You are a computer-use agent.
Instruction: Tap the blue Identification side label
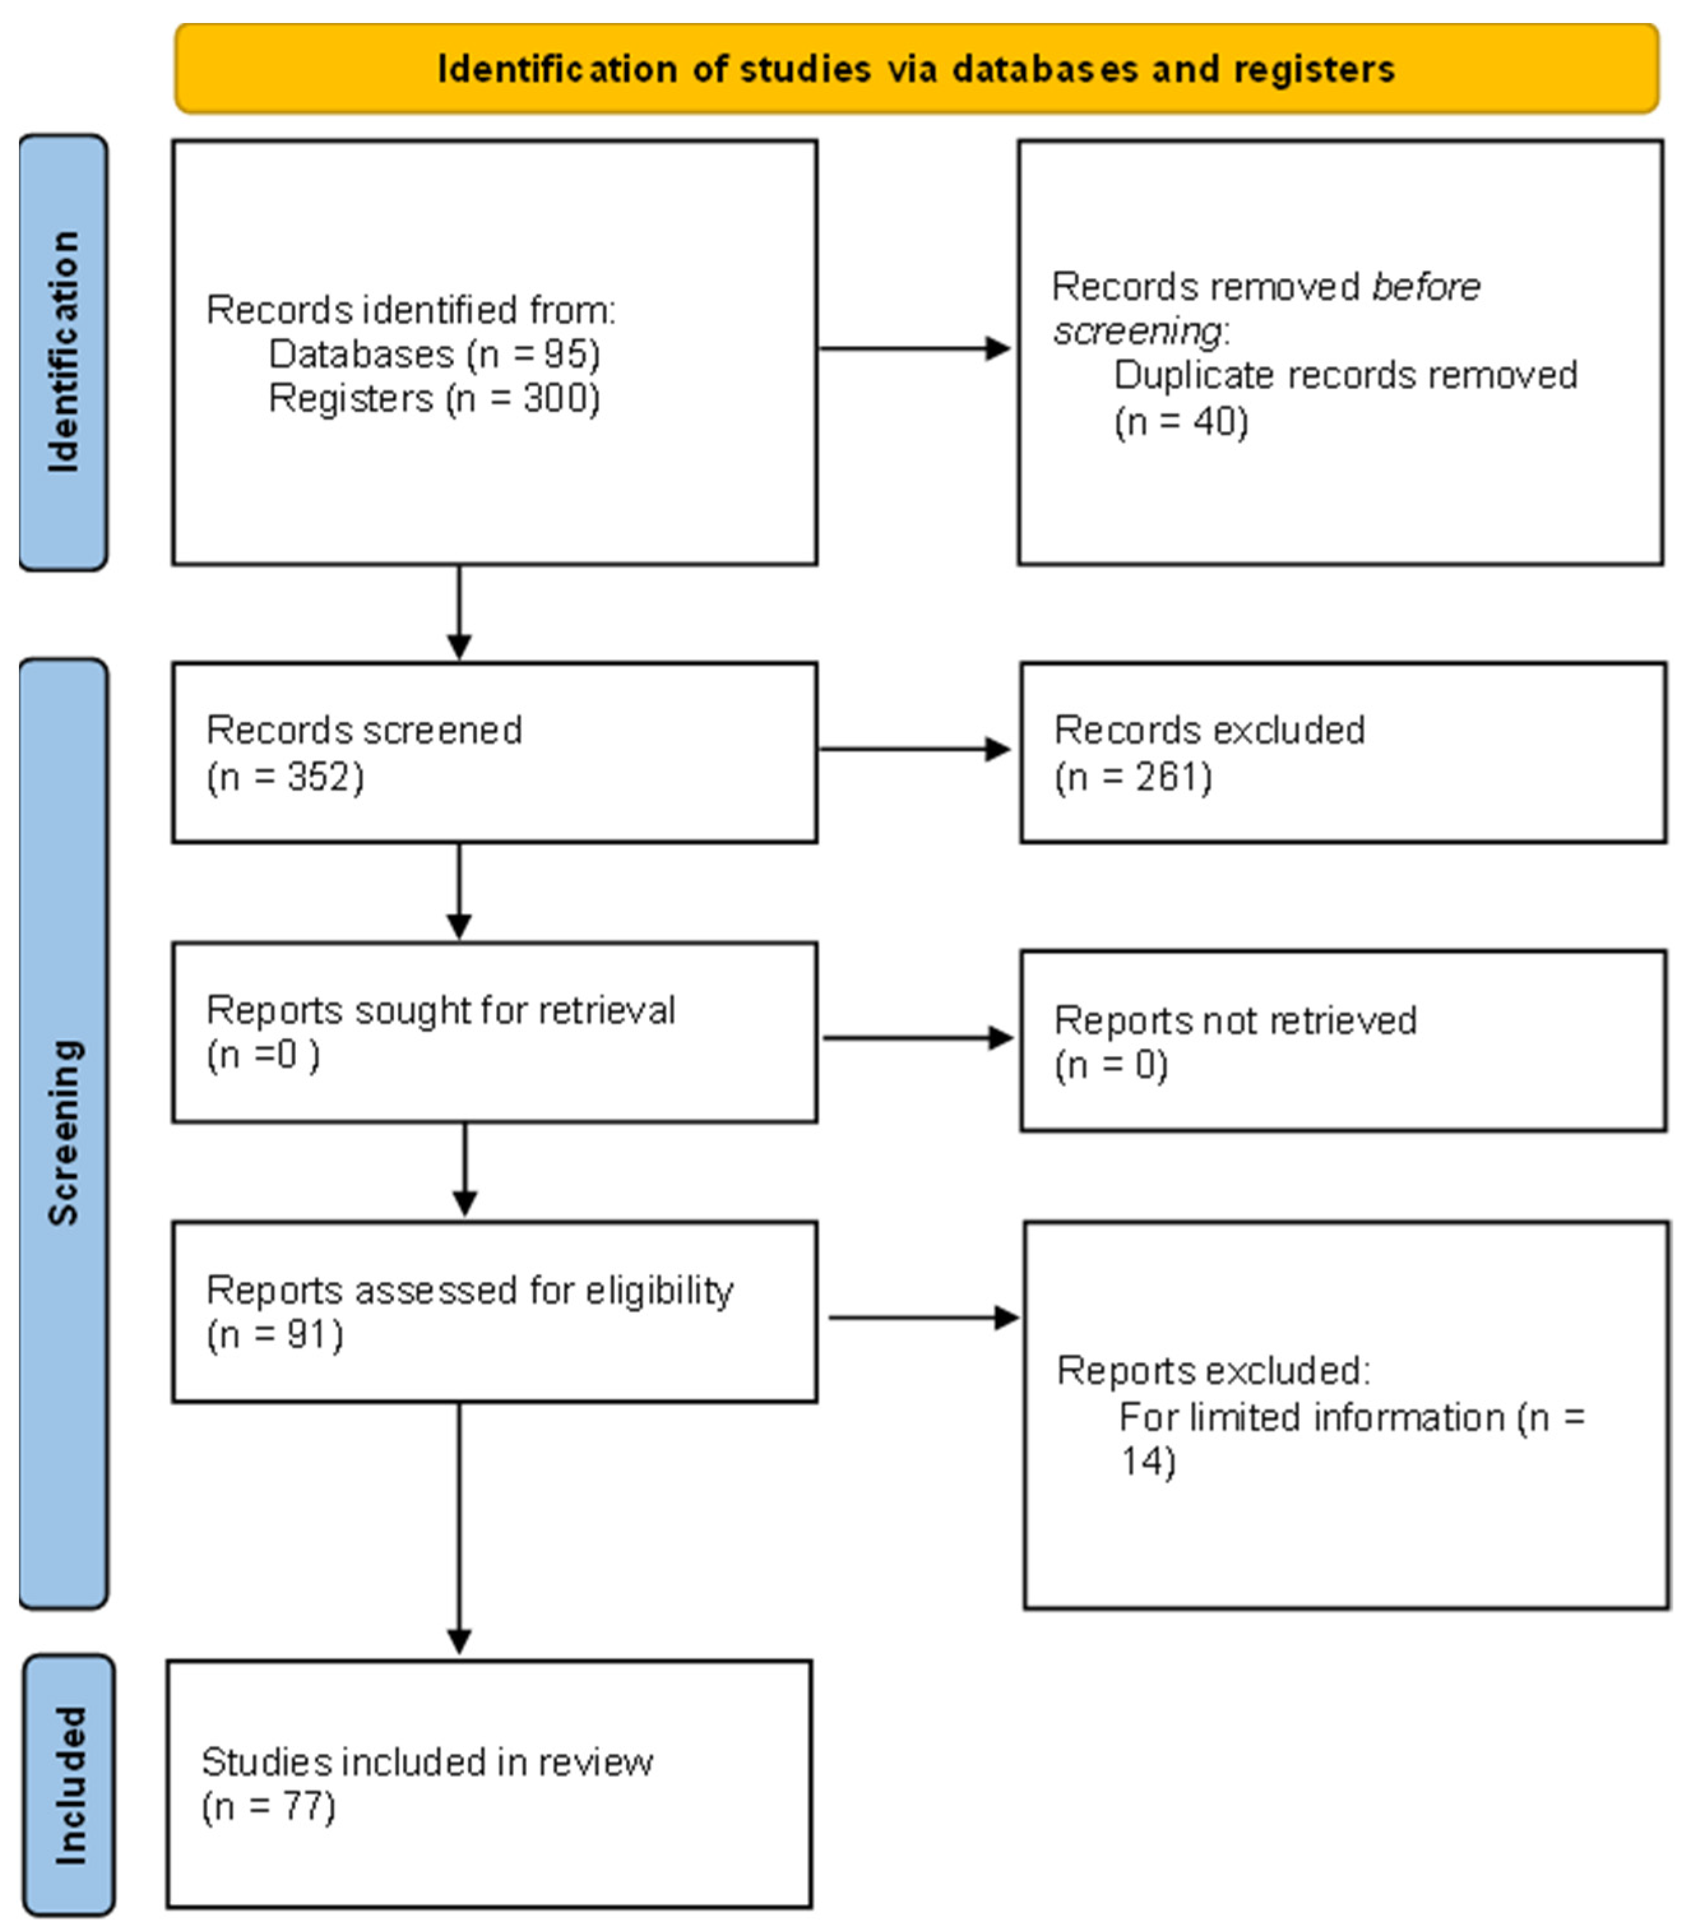(x=63, y=351)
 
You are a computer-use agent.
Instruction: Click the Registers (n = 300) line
(x=434, y=398)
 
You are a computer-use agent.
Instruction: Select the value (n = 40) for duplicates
(x=1180, y=421)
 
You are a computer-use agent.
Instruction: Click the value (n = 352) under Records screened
(x=285, y=777)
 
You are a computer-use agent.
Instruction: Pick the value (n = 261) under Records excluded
(x=1133, y=777)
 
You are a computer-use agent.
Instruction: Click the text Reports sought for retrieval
(x=440, y=1009)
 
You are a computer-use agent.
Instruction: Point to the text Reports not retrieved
(x=1235, y=1020)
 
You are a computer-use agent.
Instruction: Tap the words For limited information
(x=1311, y=1417)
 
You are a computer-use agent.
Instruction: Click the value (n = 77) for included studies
(x=268, y=1806)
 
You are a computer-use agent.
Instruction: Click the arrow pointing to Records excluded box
(x=914, y=749)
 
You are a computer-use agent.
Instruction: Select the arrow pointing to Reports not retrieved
(x=917, y=1038)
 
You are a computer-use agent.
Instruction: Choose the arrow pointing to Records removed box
(x=914, y=349)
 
